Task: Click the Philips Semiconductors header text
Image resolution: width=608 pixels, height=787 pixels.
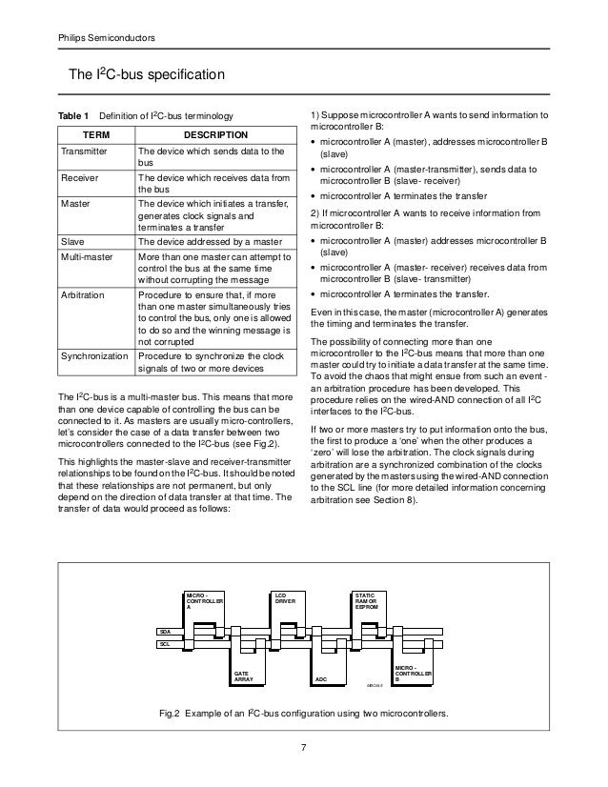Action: coord(98,37)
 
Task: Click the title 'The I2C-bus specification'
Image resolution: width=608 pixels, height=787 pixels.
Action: coord(143,74)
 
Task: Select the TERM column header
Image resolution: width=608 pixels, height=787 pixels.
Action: coord(94,135)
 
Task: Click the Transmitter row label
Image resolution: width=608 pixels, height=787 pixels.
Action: coord(84,151)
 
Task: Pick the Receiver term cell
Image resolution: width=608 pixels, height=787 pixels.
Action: coord(79,177)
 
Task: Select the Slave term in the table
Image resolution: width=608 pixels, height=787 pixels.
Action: coord(72,242)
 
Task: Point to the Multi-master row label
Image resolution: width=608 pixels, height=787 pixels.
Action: coord(88,258)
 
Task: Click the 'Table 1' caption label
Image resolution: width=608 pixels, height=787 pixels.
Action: coord(73,115)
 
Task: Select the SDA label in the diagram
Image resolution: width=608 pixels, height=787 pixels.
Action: coord(165,632)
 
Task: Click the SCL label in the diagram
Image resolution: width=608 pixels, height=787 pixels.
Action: coord(165,645)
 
